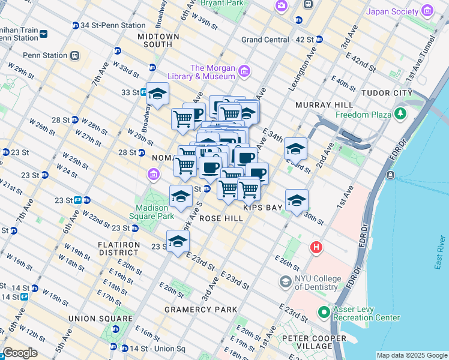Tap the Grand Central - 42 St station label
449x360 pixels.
pos(277,39)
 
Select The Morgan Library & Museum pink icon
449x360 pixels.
pos(244,73)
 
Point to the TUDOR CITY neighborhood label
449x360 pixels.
pos(387,93)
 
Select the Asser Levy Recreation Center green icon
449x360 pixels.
pos(324,312)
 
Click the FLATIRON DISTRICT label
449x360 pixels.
pos(119,249)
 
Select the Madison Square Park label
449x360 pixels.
pos(150,211)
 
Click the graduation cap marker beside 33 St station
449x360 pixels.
pos(157,94)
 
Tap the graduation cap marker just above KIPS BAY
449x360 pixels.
pos(296,201)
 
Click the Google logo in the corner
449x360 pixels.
pos(20,353)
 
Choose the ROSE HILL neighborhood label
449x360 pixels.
pos(221,218)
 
